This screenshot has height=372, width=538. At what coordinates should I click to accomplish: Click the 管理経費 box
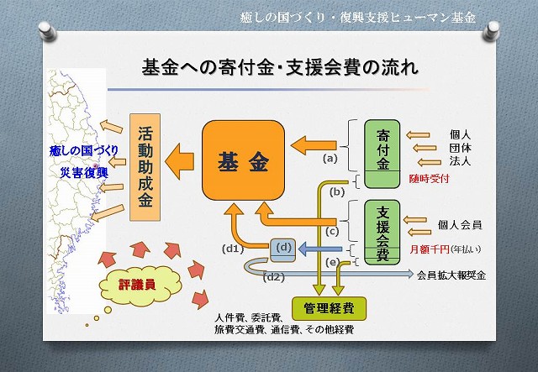[x=323, y=307]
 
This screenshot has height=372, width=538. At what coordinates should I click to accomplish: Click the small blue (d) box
[x=283, y=248]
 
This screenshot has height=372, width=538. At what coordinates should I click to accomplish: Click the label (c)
[x=332, y=231]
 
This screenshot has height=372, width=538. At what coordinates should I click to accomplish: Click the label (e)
[x=333, y=263]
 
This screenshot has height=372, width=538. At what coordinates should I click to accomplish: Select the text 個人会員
[x=459, y=224]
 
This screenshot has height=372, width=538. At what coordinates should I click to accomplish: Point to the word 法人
[x=461, y=160]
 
